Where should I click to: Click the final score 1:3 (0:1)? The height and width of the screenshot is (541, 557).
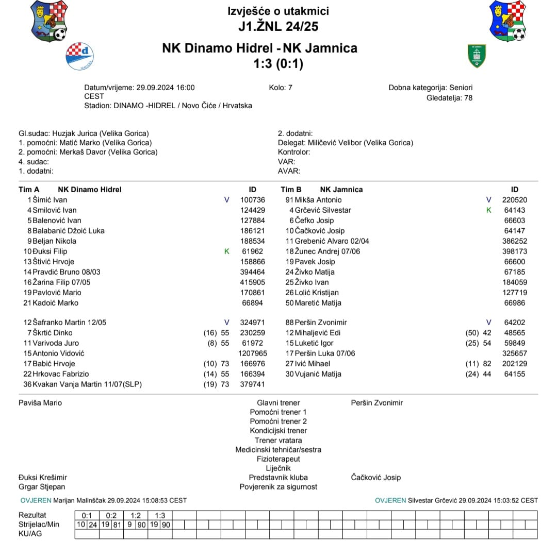278,64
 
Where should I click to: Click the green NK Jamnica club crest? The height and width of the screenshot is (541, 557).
476,56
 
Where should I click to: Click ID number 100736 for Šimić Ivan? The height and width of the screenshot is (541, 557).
253,200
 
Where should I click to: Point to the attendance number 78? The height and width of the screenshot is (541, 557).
468,98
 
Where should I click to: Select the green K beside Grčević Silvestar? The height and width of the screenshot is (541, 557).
489,210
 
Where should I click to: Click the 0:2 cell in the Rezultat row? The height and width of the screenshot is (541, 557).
111,515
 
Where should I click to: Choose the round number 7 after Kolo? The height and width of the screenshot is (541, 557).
290,88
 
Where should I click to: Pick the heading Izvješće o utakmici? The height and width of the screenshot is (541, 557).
278,11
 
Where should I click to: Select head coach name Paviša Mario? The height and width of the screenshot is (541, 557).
40,403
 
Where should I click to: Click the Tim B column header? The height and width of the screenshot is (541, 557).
291,190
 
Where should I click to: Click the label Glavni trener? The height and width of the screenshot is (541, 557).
278,403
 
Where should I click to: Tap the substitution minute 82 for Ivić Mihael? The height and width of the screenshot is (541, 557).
487,364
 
